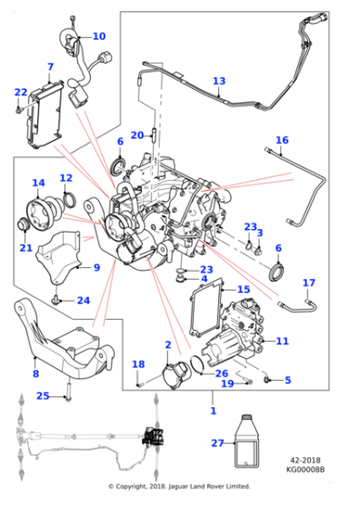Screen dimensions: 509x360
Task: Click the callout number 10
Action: point(98,36)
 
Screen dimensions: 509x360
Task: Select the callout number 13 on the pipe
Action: point(218,82)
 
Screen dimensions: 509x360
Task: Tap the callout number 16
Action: point(282,140)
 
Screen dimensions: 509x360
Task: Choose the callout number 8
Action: point(35,373)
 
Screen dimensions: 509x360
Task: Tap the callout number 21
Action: point(25,248)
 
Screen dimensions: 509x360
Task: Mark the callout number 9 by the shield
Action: point(96,268)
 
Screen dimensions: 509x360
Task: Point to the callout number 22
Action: point(20,92)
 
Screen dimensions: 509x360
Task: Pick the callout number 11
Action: point(282,341)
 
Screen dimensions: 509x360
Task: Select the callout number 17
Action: point(308,283)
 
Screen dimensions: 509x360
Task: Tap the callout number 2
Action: point(167,344)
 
